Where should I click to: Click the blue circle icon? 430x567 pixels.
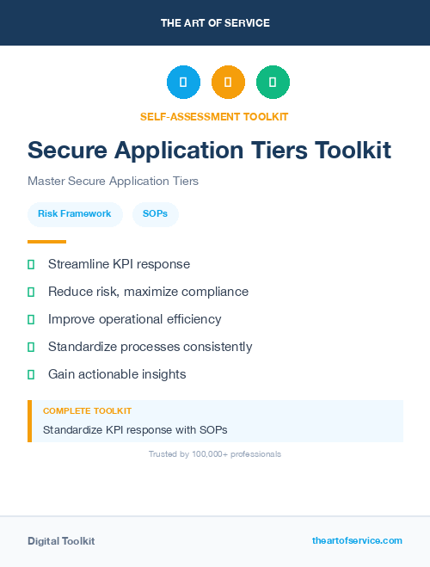click(183, 82)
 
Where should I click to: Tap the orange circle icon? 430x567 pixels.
click(228, 82)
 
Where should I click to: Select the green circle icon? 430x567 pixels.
click(273, 82)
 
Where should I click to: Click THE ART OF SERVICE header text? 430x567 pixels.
click(215, 23)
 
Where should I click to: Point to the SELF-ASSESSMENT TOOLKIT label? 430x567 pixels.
click(215, 116)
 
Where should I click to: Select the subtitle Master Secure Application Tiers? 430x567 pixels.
click(113, 182)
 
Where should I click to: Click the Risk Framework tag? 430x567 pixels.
click(75, 213)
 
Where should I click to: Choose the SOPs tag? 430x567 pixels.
click(156, 213)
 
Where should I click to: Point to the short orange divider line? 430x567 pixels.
click(46, 242)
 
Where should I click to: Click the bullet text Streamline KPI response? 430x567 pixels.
click(119, 264)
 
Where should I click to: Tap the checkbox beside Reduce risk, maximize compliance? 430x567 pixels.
click(31, 293)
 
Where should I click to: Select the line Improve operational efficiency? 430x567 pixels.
click(134, 319)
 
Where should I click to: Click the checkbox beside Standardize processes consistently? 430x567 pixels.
click(31, 348)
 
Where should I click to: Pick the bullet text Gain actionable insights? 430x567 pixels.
click(117, 374)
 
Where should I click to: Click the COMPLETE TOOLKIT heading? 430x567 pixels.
click(87, 411)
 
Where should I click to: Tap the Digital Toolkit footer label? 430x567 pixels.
click(61, 541)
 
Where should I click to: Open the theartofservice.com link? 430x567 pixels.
click(357, 540)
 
